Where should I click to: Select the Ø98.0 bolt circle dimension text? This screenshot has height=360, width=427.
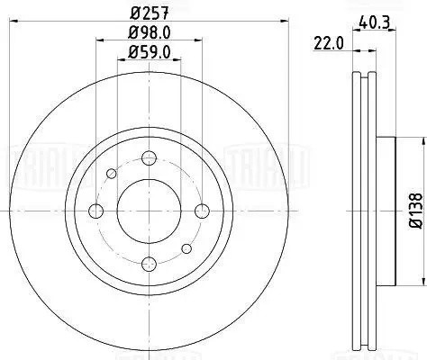click(147, 34)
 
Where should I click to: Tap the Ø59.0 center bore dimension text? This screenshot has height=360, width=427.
click(147, 53)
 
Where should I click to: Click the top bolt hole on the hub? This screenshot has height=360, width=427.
click(147, 159)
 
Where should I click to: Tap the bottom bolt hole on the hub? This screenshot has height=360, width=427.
click(147, 264)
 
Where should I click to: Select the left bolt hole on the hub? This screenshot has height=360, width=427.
click(95, 211)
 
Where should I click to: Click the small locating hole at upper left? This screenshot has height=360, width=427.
click(111, 175)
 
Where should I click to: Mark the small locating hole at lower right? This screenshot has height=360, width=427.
click(185, 248)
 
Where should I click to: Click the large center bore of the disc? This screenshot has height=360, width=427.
click(147, 211)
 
